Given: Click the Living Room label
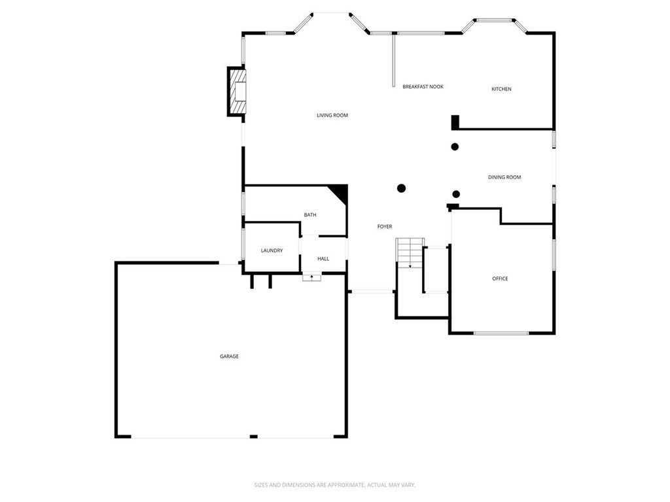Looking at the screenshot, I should [x=332, y=116].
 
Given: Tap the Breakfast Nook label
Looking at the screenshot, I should [x=423, y=87].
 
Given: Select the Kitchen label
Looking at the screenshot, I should [x=501, y=90].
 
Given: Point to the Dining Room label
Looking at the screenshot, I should [x=504, y=177].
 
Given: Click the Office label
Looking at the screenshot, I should [x=500, y=279].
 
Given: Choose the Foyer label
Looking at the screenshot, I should [x=384, y=227].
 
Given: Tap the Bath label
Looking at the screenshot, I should [x=310, y=215].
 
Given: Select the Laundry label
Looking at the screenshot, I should [x=272, y=250].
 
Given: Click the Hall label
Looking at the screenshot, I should [x=323, y=259].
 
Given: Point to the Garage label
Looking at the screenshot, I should [x=229, y=356].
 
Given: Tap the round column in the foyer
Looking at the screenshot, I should [x=401, y=188].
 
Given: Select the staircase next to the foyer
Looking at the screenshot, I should [x=410, y=252].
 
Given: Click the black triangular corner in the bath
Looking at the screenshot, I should [x=339, y=192].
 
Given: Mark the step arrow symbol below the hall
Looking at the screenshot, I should [x=311, y=278].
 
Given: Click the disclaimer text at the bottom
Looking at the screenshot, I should [x=334, y=485].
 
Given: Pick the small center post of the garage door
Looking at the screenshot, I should [x=253, y=436].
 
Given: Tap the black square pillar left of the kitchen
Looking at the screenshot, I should [x=455, y=122].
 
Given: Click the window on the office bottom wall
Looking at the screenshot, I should [x=501, y=333].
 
